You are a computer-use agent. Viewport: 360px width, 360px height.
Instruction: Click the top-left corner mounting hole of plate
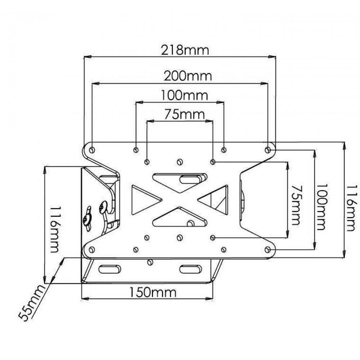tap(92, 149)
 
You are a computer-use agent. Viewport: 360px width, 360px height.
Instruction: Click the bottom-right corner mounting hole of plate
tap(267, 249)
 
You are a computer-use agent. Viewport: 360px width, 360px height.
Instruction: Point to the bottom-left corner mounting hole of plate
tap(92, 249)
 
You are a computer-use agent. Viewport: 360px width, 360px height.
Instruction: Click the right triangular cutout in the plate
tap(216, 199)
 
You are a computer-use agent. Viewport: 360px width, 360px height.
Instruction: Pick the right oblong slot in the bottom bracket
tap(191, 269)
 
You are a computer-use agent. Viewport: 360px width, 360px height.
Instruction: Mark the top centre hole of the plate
tap(180, 162)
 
